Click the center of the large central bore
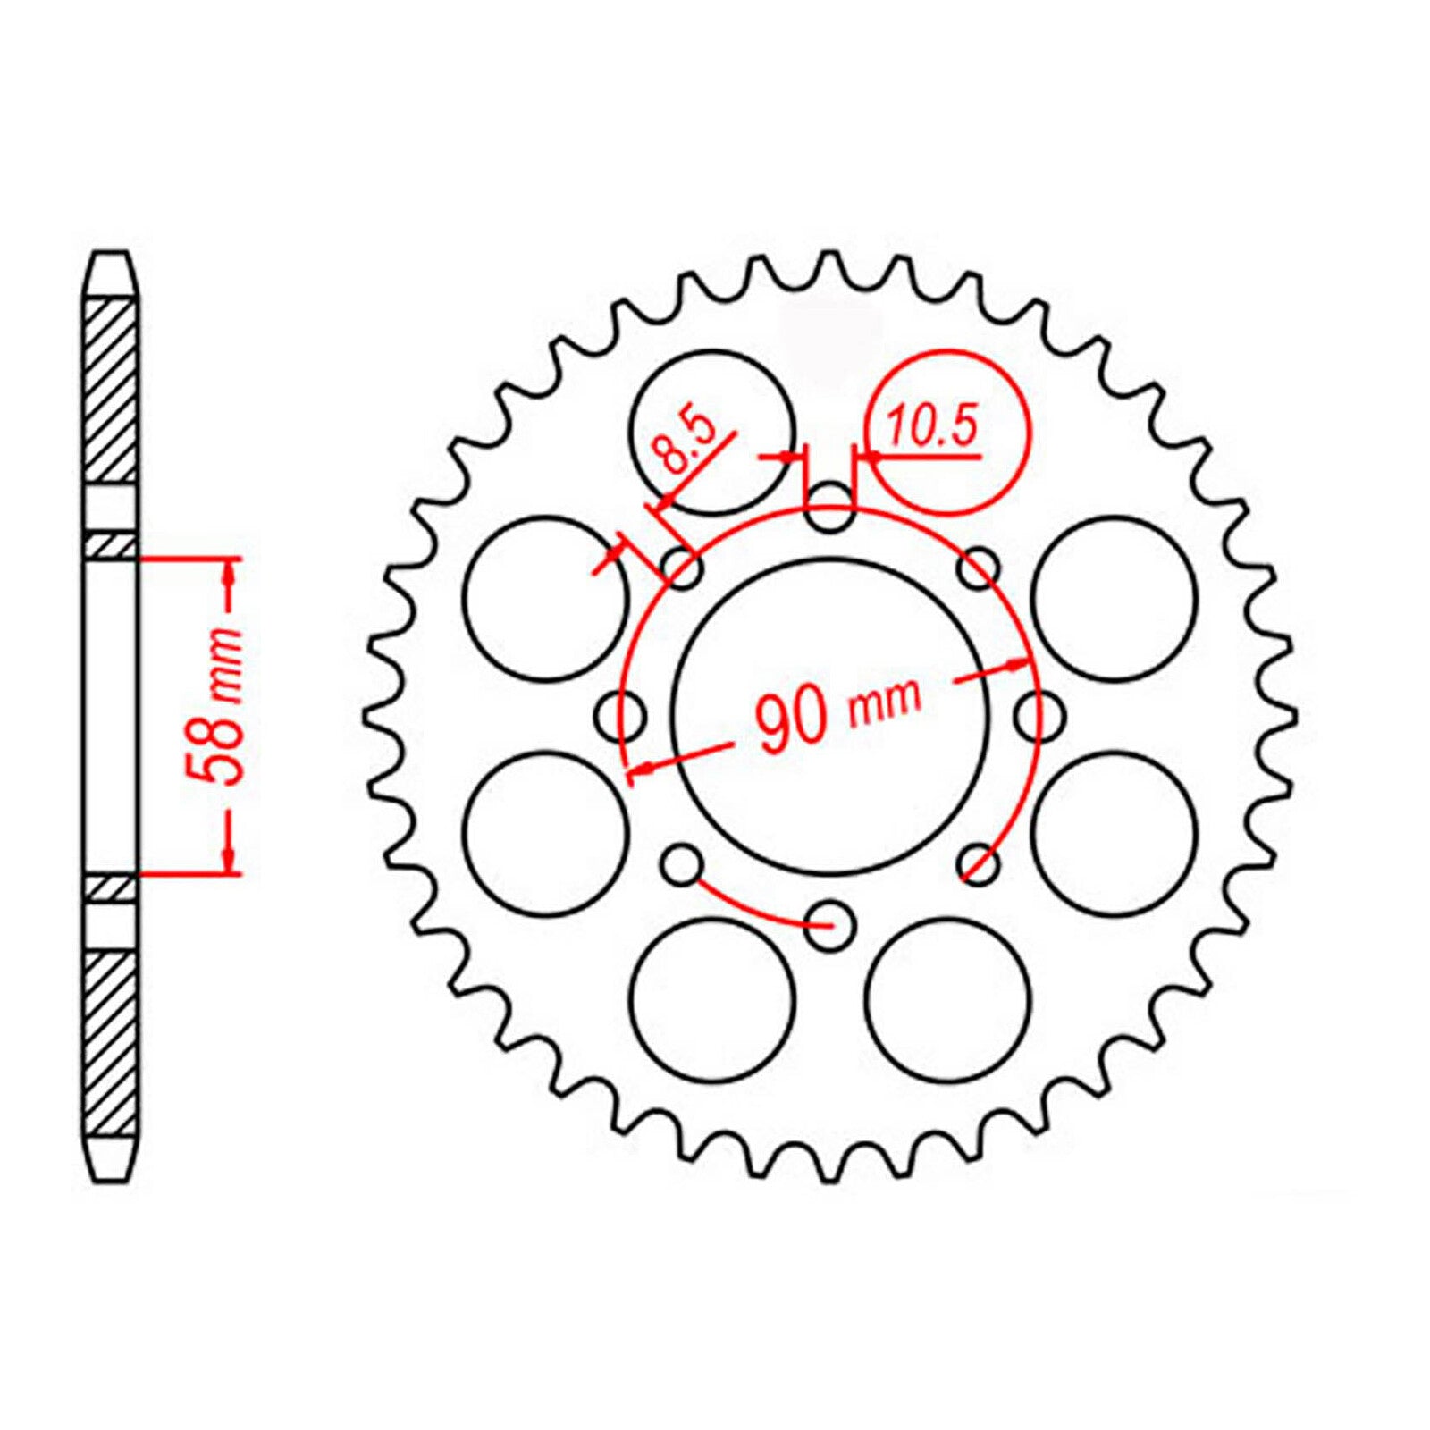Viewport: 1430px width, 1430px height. pyautogui.click(x=830, y=715)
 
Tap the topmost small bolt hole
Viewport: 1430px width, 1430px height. pyautogui.click(x=829, y=504)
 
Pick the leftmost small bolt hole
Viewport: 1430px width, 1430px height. pyautogui.click(x=621, y=715)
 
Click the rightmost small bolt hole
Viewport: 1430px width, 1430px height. pyautogui.click(x=1040, y=715)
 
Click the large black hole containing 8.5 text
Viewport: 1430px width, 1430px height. pyautogui.click(x=711, y=432)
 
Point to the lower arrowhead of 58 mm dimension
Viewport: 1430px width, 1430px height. pyautogui.click(x=231, y=858)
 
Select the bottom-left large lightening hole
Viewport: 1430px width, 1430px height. pyautogui.click(x=711, y=999)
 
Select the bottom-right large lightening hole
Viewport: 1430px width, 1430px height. pyautogui.click(x=948, y=999)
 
